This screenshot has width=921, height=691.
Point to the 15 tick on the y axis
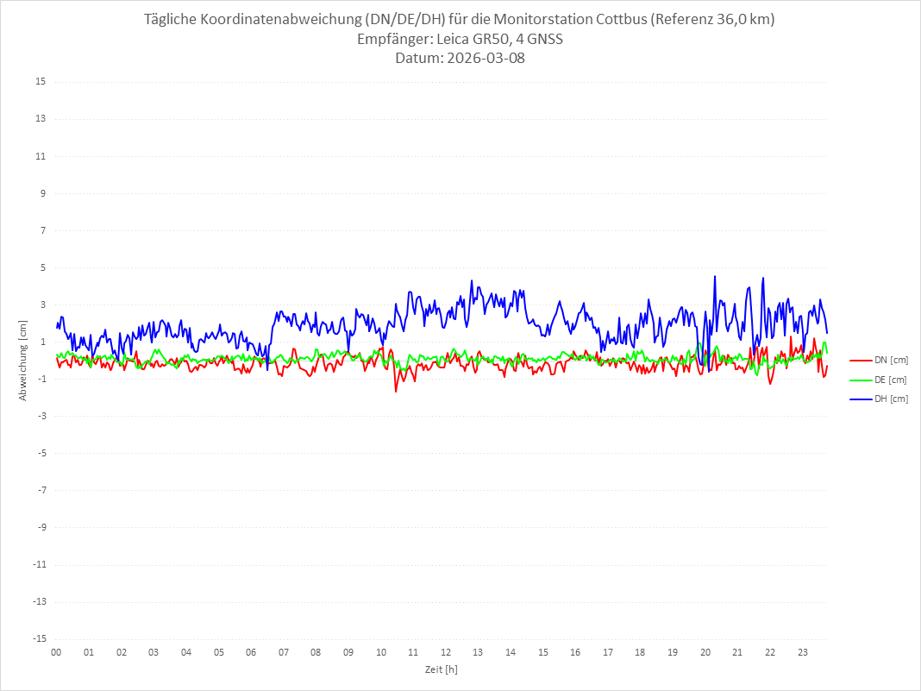click(41, 82)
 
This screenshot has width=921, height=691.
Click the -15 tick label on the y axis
click(39, 638)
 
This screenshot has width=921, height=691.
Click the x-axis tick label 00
click(56, 652)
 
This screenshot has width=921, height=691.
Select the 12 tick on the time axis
click(446, 652)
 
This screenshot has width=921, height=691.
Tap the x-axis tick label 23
click(803, 652)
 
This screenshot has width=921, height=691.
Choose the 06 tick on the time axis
click(251, 652)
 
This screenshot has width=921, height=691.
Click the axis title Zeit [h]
click(441, 669)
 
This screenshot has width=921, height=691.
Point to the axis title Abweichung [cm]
click(23, 361)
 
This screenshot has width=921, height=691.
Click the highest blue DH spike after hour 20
click(715, 277)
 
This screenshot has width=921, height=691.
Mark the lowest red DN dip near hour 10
click(396, 392)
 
